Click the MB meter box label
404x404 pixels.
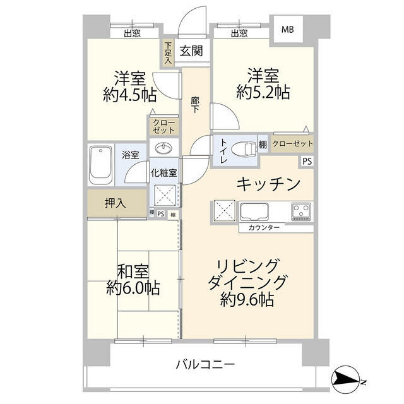(x=288, y=29)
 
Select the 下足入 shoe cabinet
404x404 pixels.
(x=167, y=53)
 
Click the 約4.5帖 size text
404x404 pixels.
(x=130, y=96)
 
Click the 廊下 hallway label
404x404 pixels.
(x=195, y=104)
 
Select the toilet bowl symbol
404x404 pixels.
(x=244, y=148)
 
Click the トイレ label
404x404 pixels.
(x=223, y=152)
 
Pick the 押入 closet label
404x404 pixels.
(x=116, y=203)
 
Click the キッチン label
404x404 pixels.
(x=268, y=184)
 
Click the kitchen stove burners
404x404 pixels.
(x=301, y=210)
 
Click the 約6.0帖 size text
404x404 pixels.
(x=133, y=288)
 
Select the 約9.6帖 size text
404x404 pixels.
(x=247, y=300)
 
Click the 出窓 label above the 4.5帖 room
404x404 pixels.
(x=131, y=34)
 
